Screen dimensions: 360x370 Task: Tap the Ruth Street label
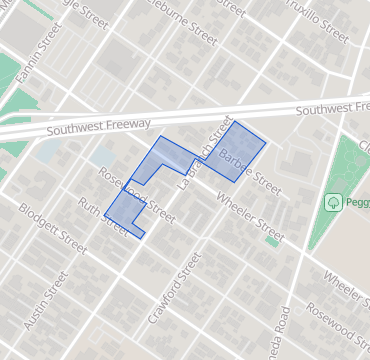point(103,217)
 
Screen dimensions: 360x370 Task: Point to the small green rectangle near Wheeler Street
point(271,241)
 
